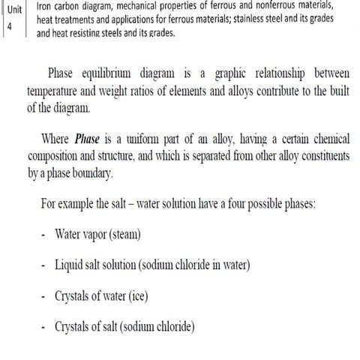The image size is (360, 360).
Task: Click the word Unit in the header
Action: [x=13, y=9]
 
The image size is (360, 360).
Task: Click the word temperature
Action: [x=54, y=91]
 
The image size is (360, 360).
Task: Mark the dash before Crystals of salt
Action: [x=45, y=328]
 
